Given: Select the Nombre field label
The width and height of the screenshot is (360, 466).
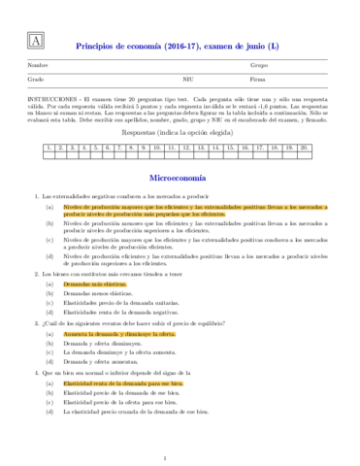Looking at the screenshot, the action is coord(39,65).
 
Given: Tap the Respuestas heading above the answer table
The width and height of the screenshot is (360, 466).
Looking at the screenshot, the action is coord(180,134).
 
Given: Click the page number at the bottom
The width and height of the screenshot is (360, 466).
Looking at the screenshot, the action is coord(180,457).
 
